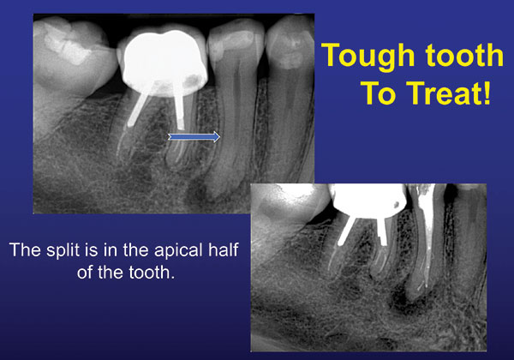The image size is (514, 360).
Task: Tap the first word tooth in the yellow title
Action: click(464, 55)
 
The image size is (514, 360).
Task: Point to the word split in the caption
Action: click(63, 251)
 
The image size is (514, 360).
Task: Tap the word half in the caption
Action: click(224, 249)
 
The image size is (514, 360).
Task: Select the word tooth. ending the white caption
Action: click(152, 273)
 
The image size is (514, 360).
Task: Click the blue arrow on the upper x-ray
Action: click(194, 137)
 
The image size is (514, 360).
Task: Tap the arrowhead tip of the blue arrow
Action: click(220, 137)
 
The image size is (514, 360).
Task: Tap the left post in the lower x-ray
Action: click(346, 231)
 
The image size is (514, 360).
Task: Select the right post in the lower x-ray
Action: click(382, 231)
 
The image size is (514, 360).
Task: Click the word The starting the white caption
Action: click(26, 249)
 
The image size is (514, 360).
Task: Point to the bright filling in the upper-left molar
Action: click(67, 47)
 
